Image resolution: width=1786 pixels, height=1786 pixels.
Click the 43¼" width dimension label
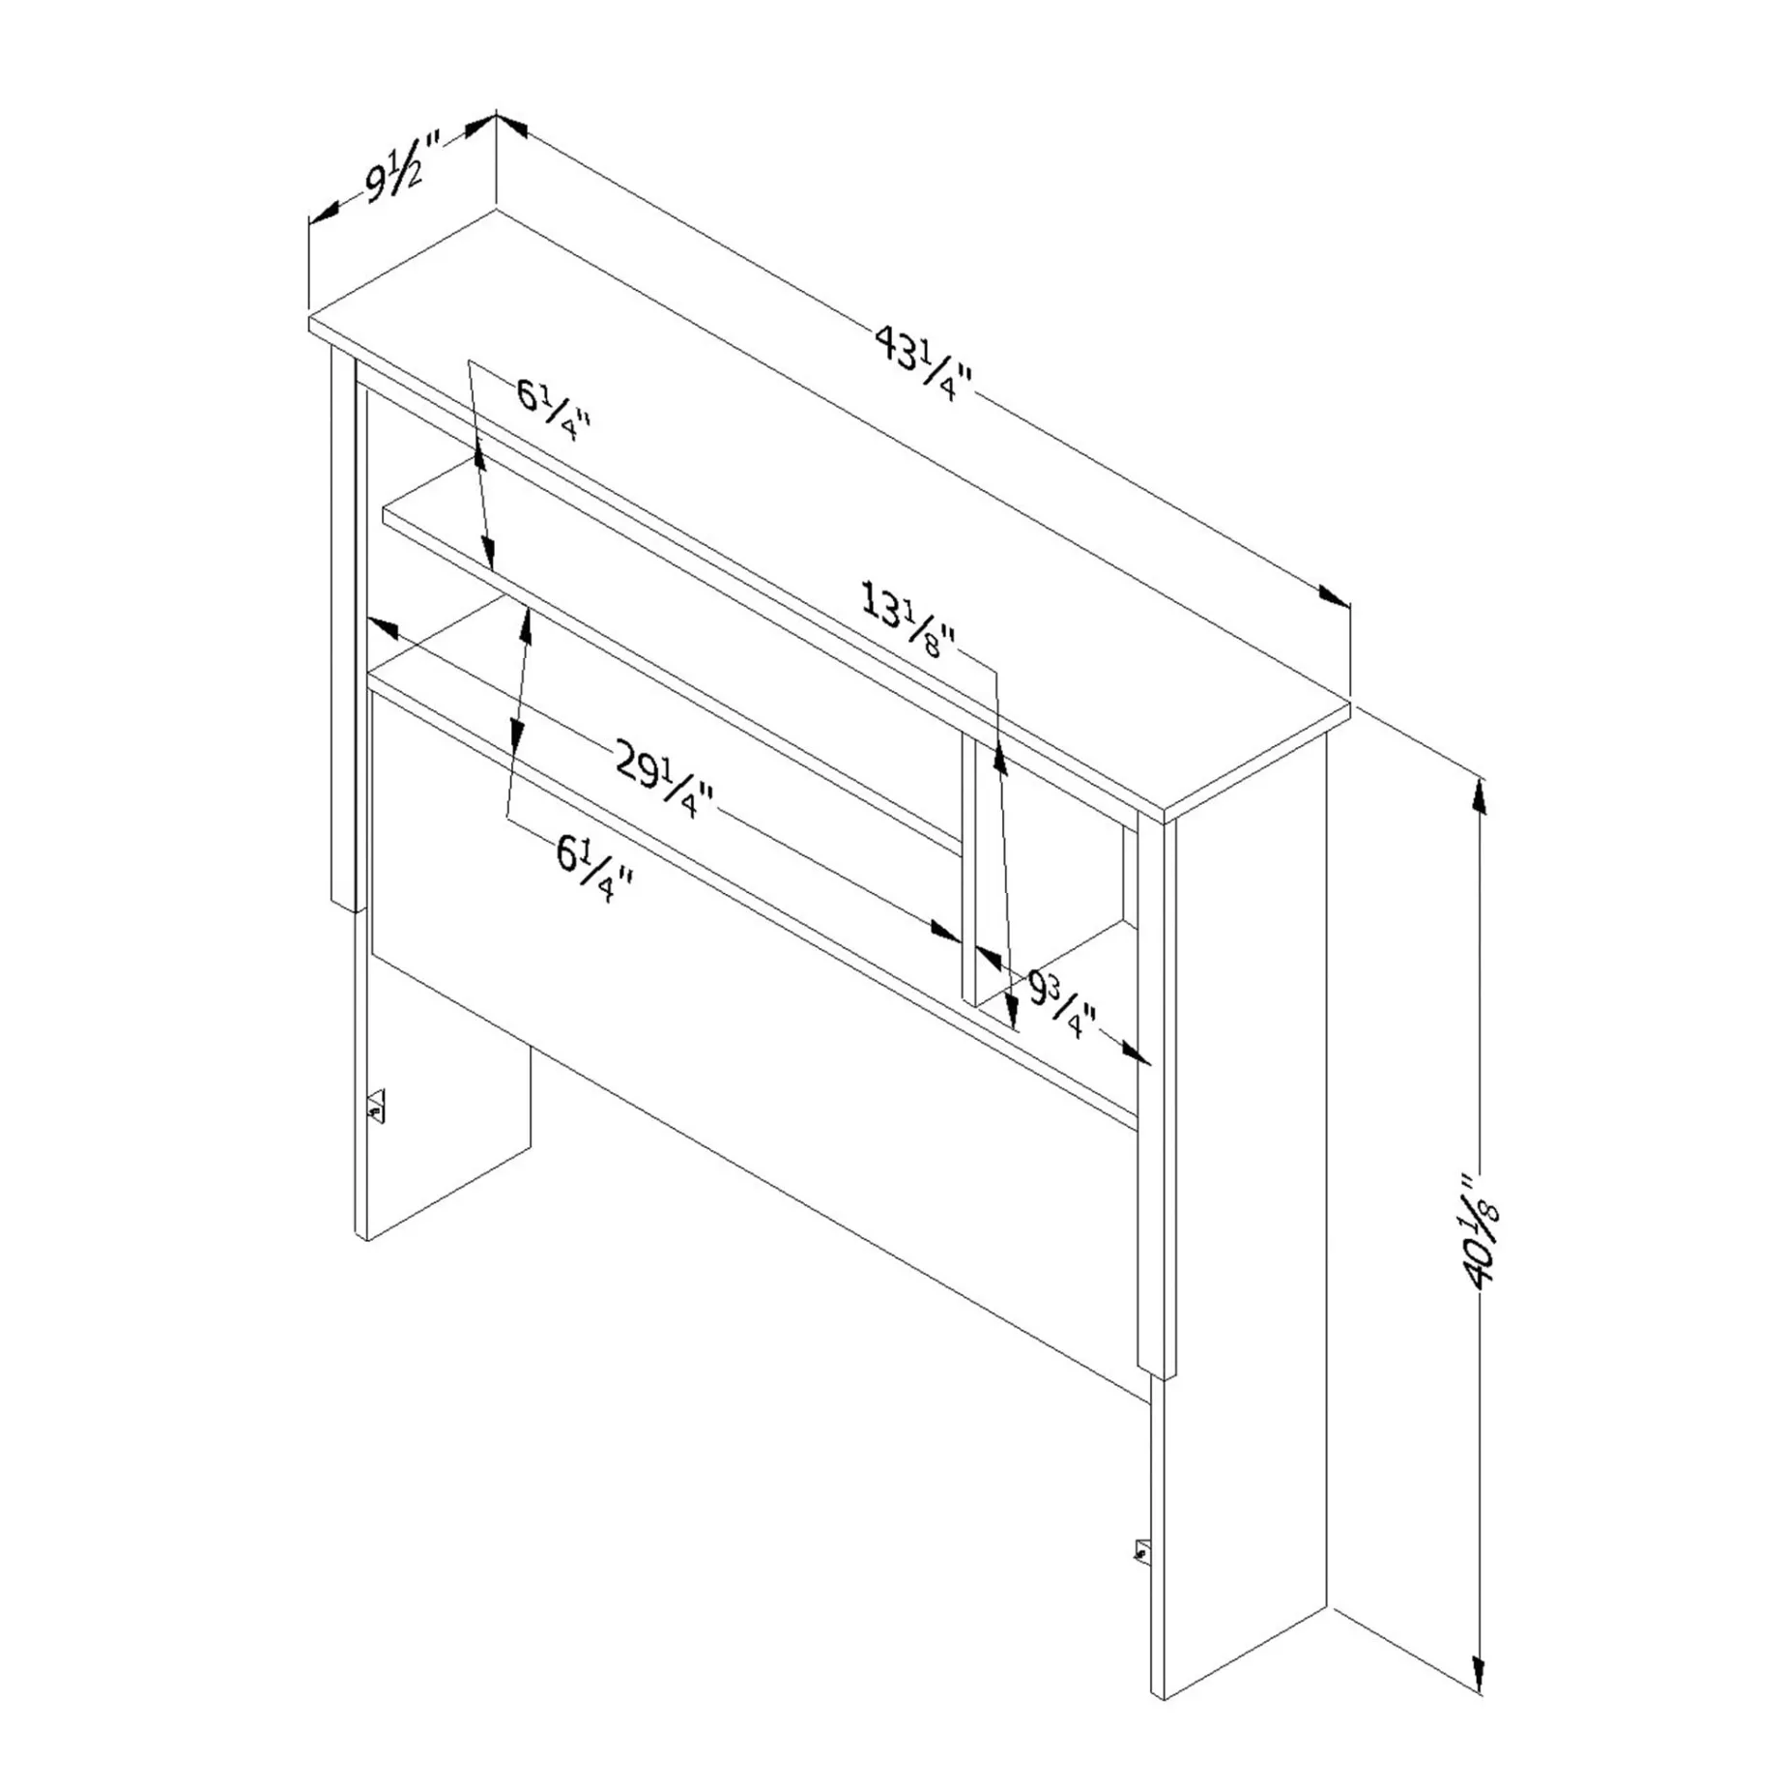click(x=924, y=363)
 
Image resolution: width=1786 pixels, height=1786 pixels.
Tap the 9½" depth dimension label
click(x=402, y=172)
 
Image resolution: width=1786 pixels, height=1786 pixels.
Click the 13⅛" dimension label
click(x=908, y=620)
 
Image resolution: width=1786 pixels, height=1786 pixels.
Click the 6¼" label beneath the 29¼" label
click(x=595, y=868)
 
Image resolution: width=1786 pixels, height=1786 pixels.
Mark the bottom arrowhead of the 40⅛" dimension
click(x=1479, y=1669)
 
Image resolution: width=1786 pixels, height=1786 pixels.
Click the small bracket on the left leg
click(x=376, y=1107)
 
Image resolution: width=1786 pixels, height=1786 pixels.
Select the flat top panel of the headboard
click(x=829, y=509)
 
